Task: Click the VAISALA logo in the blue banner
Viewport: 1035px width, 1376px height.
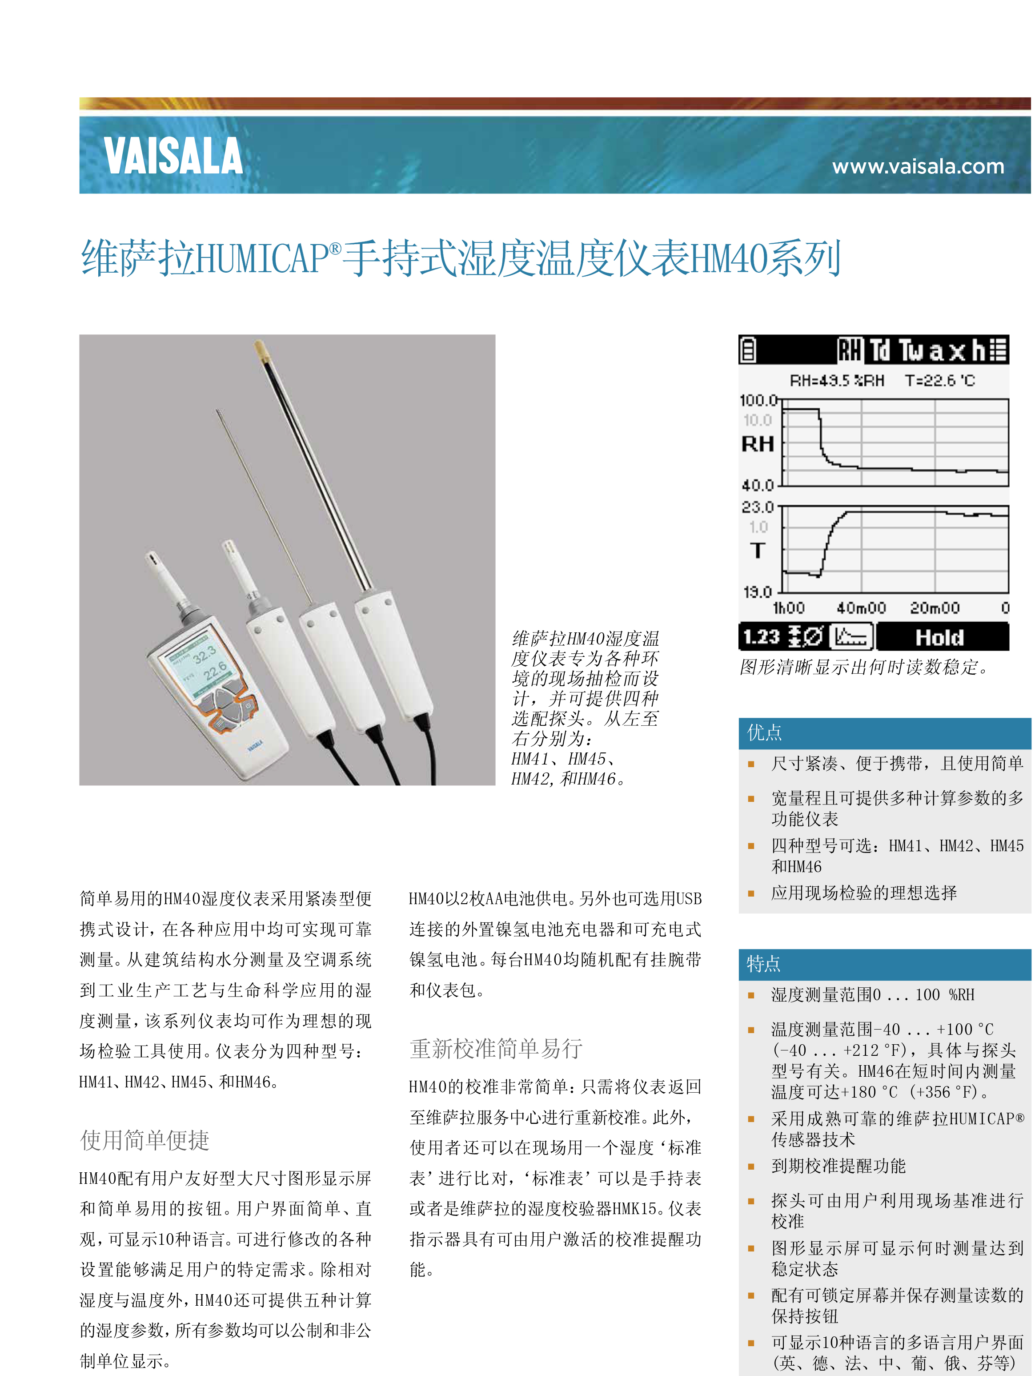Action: coord(173,156)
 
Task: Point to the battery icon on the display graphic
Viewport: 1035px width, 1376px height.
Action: coord(749,350)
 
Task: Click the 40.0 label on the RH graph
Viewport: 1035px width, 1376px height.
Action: coord(758,485)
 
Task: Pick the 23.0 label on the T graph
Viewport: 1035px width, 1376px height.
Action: coord(758,507)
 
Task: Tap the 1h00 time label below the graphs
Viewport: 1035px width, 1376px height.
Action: coord(789,608)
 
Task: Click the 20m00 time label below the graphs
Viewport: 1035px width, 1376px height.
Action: coord(934,608)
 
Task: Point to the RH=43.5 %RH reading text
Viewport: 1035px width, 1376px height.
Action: coord(837,380)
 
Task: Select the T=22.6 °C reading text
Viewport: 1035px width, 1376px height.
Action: coord(940,380)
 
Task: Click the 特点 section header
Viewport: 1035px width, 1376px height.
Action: coord(763,964)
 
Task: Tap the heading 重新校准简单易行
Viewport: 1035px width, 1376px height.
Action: coord(496,1049)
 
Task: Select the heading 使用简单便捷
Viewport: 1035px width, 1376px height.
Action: coord(145,1140)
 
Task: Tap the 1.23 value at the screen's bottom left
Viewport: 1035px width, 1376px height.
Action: coord(761,637)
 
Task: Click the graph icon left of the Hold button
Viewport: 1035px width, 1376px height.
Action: coord(851,637)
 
